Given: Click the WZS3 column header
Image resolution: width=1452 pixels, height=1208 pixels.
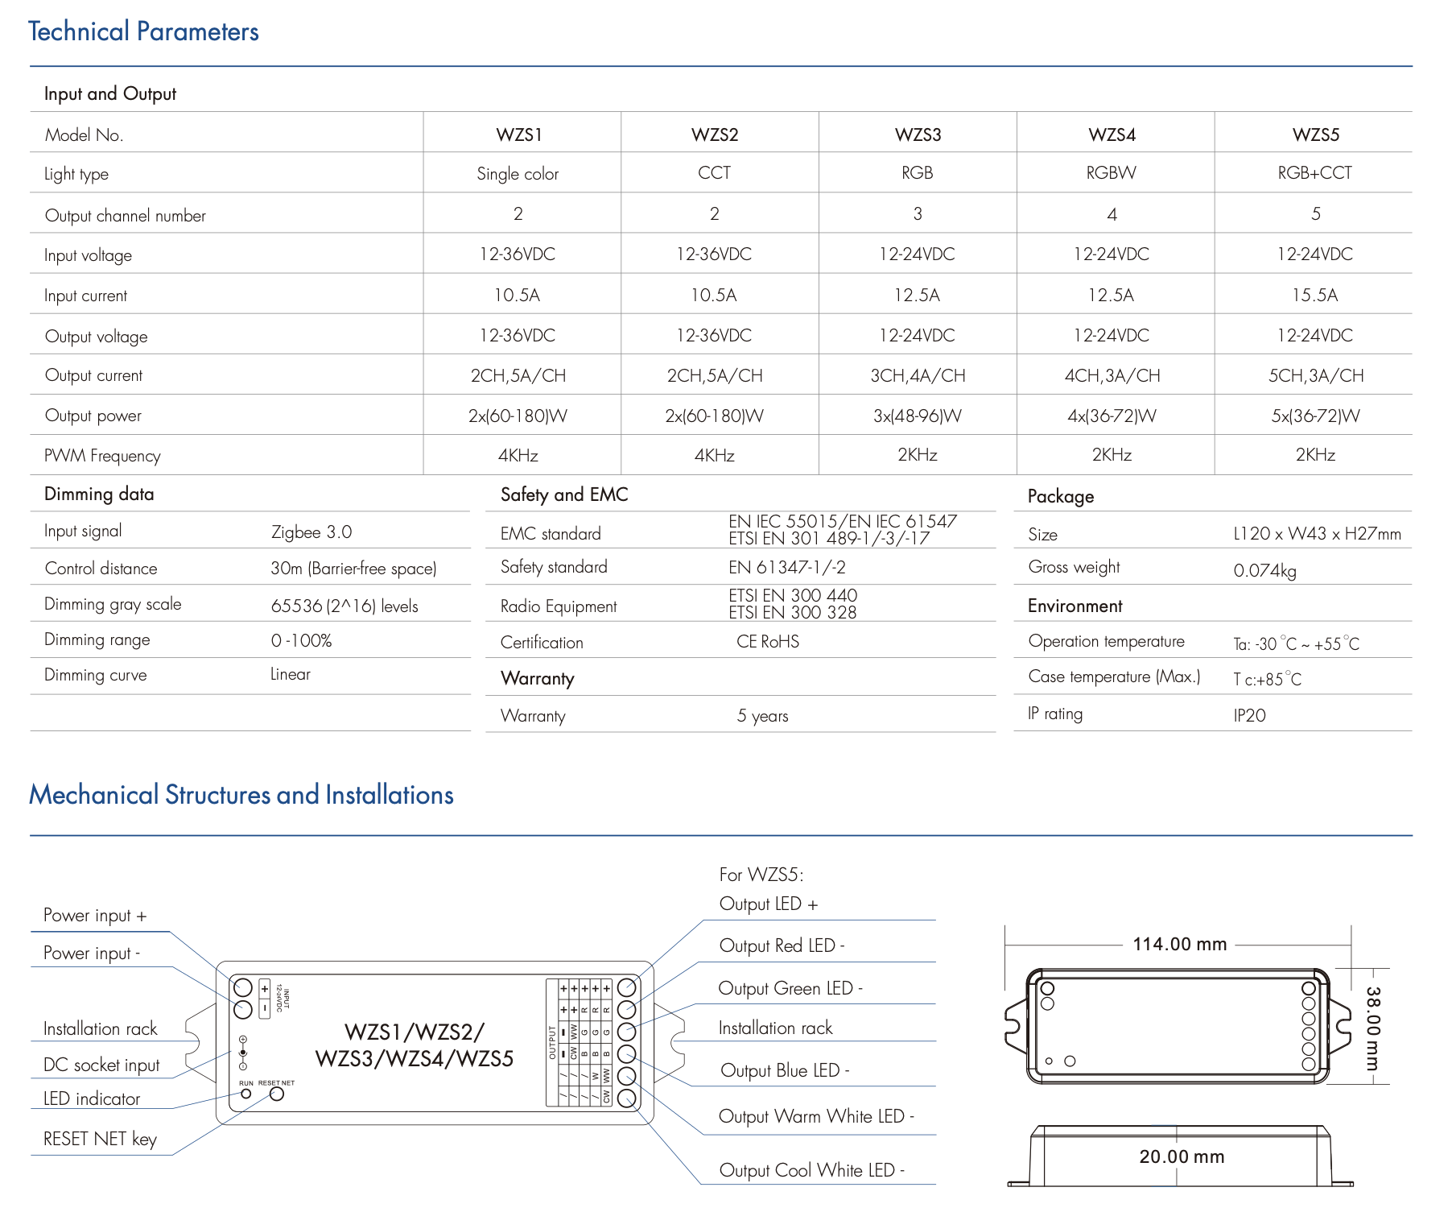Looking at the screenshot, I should click(918, 134).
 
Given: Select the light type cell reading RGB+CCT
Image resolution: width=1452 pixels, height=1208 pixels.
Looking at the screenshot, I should click(1314, 173).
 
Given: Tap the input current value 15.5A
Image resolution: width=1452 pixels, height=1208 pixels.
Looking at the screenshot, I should click(1314, 296).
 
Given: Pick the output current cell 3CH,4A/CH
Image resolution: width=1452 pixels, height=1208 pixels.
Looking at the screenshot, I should click(918, 376).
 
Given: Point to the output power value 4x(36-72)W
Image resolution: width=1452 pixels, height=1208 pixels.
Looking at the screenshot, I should click(1112, 416).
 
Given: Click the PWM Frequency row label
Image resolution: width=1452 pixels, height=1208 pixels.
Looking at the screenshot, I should click(102, 456).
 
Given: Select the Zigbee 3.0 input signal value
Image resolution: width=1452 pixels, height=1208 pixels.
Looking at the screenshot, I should click(311, 532).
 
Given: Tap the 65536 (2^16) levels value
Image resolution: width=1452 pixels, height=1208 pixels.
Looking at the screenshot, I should click(344, 606).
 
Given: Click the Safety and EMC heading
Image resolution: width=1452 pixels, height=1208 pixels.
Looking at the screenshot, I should click(564, 494).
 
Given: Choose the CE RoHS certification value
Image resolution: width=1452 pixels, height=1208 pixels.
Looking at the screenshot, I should click(768, 642).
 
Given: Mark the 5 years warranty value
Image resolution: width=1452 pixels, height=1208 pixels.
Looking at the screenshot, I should click(762, 716).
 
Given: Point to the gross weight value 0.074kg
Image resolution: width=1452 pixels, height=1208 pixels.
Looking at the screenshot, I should click(1264, 571).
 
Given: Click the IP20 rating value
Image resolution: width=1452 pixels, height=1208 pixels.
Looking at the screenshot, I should click(1249, 716).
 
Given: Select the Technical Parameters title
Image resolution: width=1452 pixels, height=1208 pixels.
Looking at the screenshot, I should click(143, 31).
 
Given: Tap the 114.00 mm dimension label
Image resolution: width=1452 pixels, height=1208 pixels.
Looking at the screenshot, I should click(1179, 944).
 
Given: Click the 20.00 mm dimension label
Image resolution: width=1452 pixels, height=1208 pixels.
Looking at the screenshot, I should click(1181, 1156).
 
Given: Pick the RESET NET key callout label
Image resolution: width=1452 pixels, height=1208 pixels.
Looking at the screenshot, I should click(100, 1139).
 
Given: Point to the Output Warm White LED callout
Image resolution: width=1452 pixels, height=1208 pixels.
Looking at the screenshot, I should click(816, 1116).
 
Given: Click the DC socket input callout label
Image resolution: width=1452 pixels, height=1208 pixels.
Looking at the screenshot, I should click(101, 1065).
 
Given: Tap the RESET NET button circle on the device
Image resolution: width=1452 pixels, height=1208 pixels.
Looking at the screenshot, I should click(277, 1094).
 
